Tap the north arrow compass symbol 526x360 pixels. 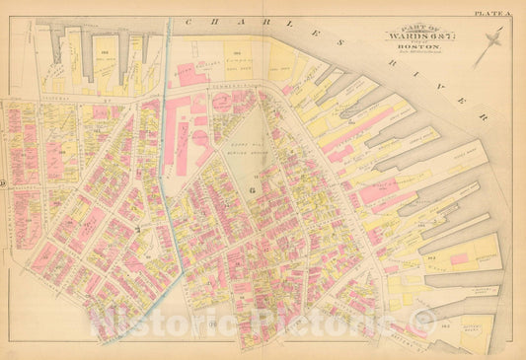click(488, 46)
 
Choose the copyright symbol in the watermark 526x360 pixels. click(423, 319)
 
